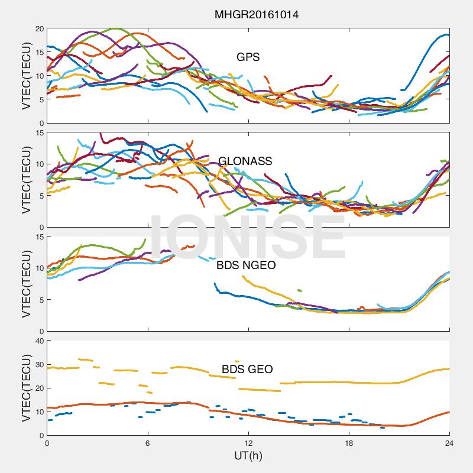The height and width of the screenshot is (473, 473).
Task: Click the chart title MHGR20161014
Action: point(257,14)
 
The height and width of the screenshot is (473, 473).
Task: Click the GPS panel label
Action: point(248,57)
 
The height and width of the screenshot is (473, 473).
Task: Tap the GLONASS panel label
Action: point(245,161)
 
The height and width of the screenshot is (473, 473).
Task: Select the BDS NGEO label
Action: point(246,265)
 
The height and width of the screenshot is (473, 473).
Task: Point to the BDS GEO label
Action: point(247,369)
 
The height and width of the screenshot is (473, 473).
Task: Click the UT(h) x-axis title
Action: point(248,455)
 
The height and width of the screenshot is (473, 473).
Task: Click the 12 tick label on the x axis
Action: point(248,443)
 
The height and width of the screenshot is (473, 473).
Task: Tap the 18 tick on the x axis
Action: point(349,443)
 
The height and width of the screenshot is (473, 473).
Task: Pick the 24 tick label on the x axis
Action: point(449,443)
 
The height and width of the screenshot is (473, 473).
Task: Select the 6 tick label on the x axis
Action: point(148,443)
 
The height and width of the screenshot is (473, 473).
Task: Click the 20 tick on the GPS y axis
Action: point(40,28)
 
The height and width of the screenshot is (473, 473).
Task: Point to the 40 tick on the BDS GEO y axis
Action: point(40,341)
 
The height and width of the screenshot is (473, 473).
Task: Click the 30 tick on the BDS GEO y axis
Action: point(40,364)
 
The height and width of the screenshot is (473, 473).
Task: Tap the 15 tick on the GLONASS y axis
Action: point(40,132)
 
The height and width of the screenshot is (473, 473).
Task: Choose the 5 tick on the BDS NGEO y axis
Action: point(42,300)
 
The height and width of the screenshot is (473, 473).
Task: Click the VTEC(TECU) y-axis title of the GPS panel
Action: point(27,76)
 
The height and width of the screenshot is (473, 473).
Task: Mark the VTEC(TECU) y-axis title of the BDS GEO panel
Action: point(27,388)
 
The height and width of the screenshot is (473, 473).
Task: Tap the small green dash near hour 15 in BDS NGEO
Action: point(300,290)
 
